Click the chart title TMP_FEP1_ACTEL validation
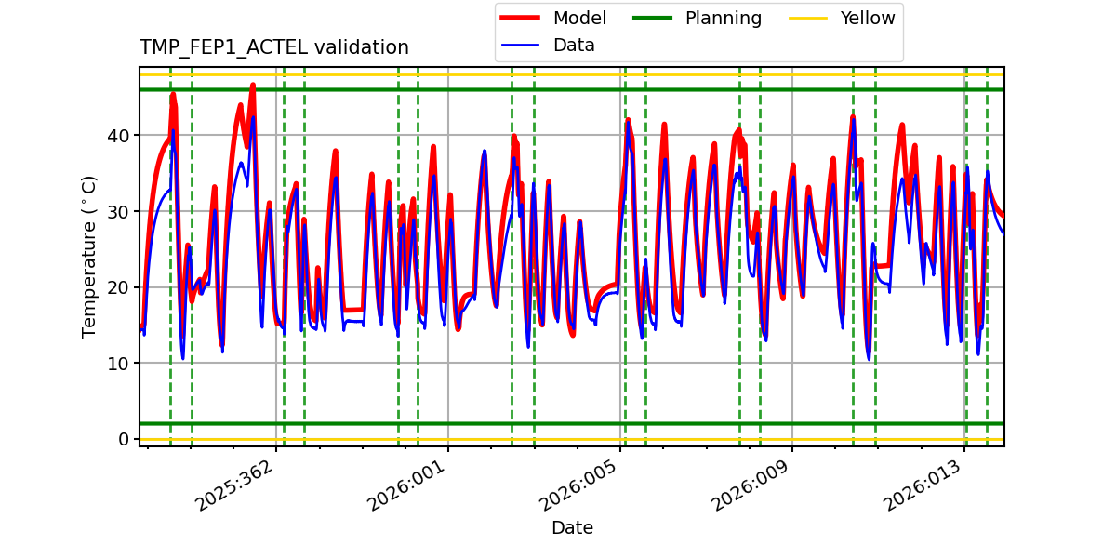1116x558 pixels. tap(273, 47)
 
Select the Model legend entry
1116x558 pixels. tap(579, 18)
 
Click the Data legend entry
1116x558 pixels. tap(574, 45)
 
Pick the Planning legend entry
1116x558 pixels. tap(723, 18)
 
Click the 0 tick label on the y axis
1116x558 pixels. tap(126, 439)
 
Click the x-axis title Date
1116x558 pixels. tap(572, 528)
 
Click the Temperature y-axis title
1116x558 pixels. tap(89, 256)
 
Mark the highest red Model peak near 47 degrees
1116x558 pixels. tap(252, 85)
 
